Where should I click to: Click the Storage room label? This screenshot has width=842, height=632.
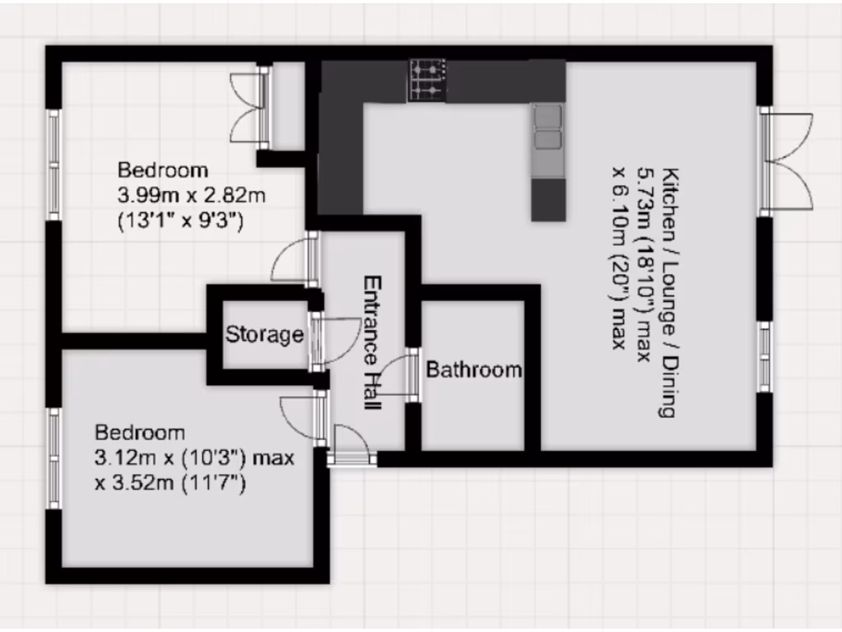coord(265,335)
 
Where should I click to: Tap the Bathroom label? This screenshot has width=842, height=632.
coord(474,369)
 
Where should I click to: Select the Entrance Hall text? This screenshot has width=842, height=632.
coord(372,343)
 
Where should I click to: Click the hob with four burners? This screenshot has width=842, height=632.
coord(427,81)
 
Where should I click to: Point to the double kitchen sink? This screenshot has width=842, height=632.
coord(548,128)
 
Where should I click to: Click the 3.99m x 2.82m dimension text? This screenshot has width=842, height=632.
coord(192,195)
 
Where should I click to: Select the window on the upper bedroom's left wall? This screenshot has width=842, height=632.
coord(54,165)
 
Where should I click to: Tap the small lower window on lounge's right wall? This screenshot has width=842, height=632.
coord(766,354)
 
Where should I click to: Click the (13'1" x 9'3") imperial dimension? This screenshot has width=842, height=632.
coord(181,221)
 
